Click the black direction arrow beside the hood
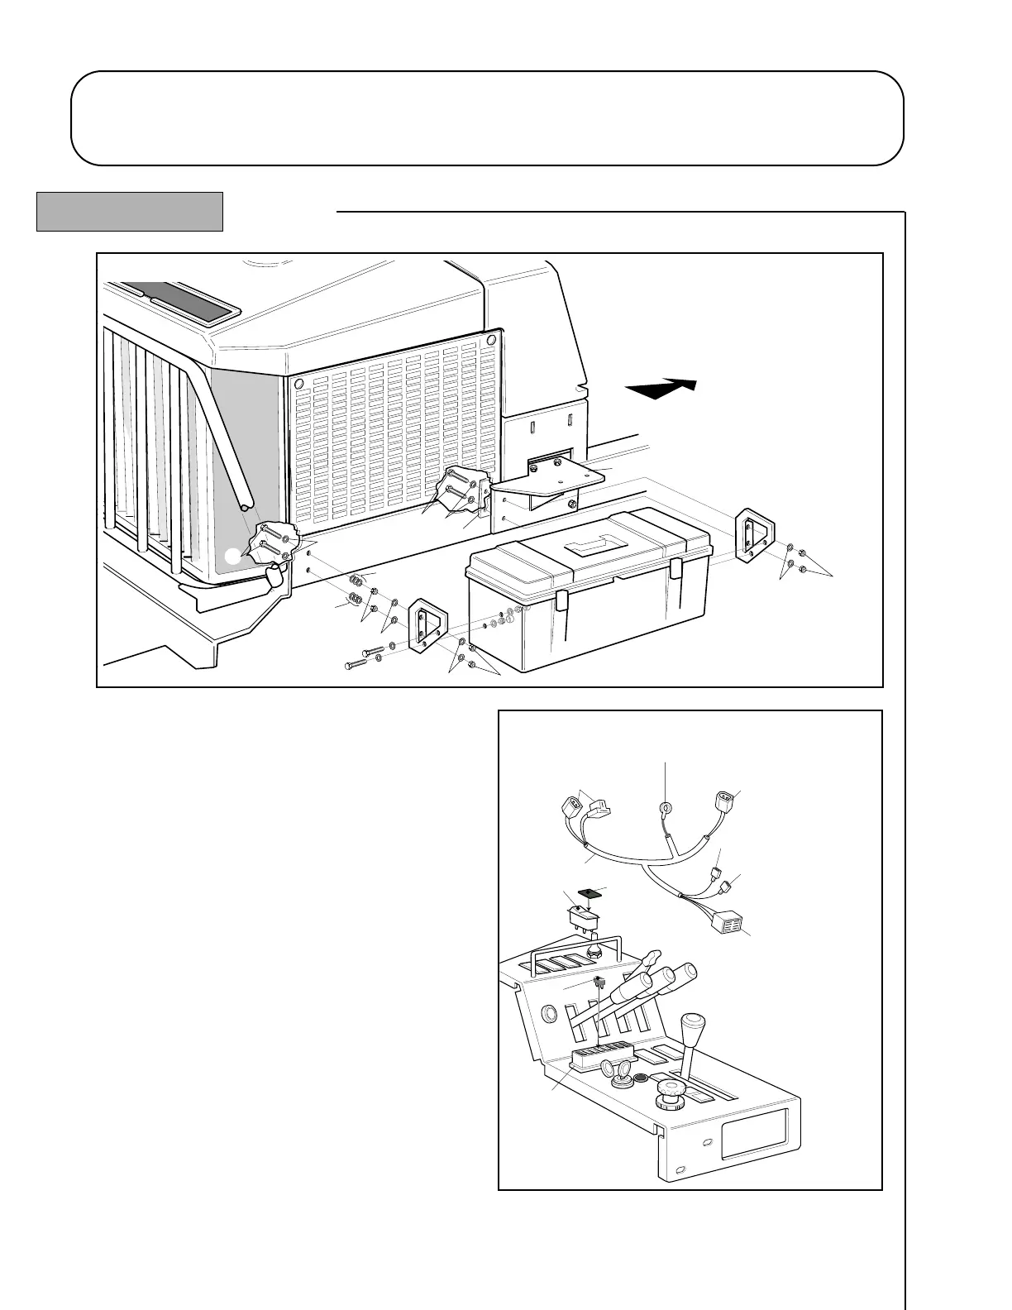[x=661, y=388]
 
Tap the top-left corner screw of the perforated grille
[x=299, y=385]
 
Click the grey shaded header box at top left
[x=130, y=212]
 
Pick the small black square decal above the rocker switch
[x=590, y=892]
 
